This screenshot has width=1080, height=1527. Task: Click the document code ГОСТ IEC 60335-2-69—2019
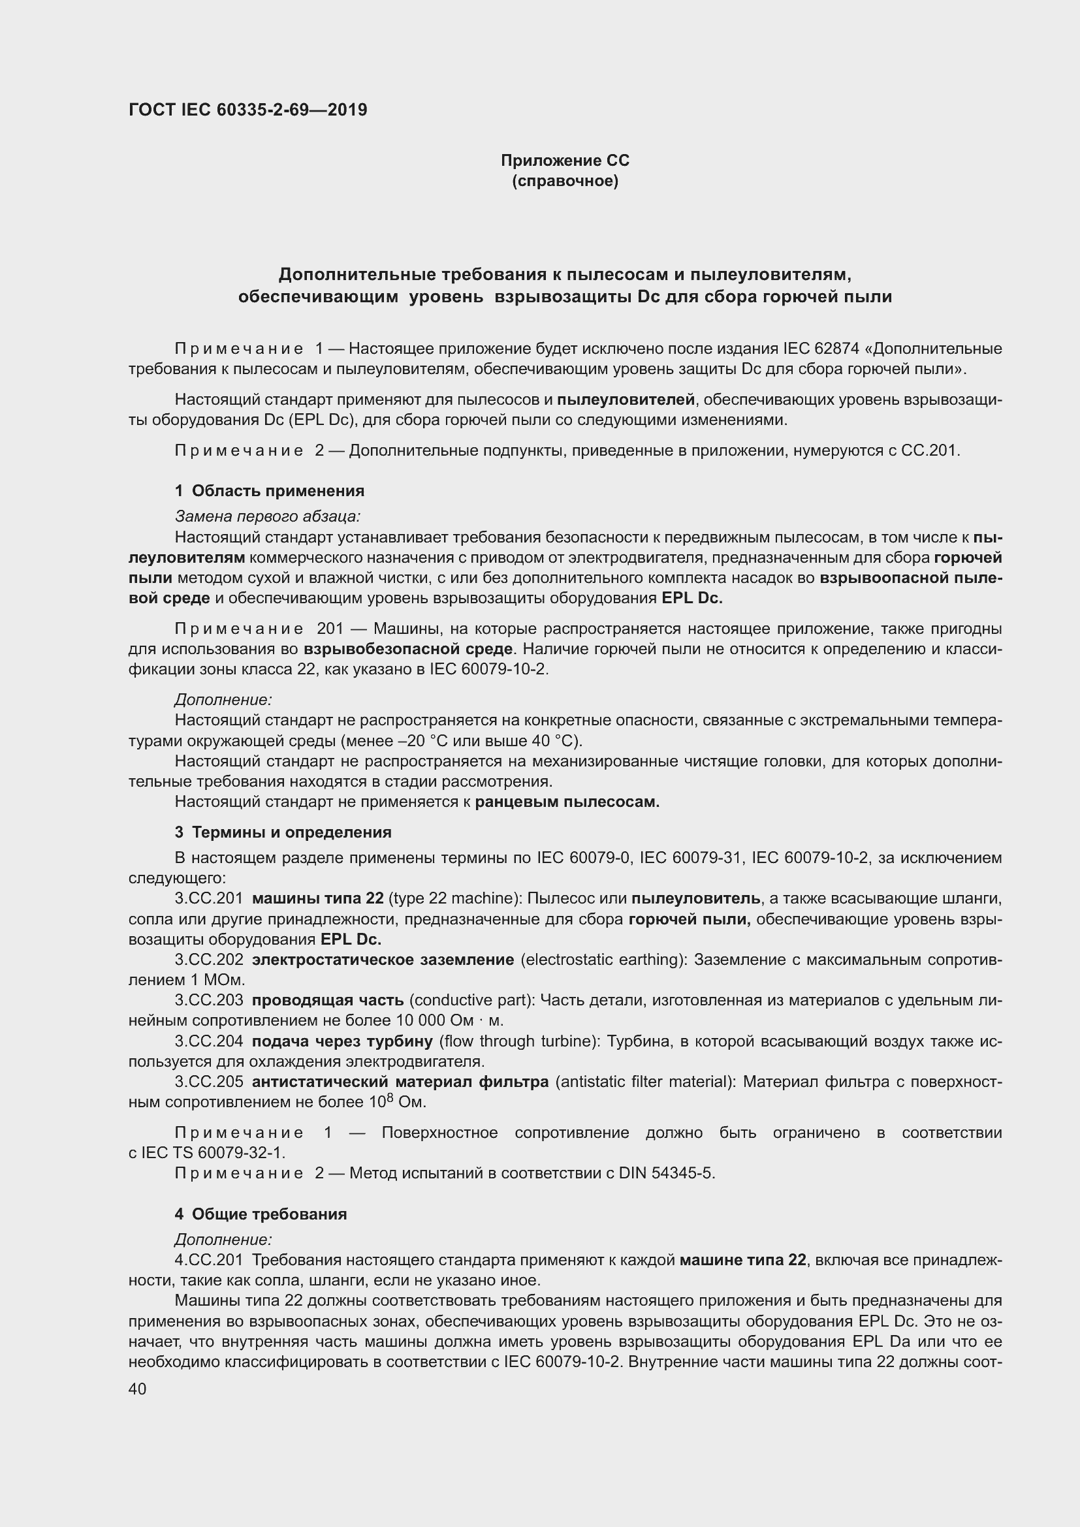point(247,110)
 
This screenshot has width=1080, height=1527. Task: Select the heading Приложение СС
point(565,161)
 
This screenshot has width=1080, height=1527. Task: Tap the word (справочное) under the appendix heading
point(565,181)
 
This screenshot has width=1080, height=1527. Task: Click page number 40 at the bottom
point(138,1389)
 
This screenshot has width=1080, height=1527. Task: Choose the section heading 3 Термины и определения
point(283,832)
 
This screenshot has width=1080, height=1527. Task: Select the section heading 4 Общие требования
point(261,1214)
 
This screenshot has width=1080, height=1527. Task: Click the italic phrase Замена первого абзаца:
point(267,516)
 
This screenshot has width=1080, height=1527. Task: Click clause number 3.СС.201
point(209,898)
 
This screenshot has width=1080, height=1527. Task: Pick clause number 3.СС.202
point(209,960)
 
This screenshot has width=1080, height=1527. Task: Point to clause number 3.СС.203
point(209,1000)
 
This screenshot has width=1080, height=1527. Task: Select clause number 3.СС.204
point(209,1041)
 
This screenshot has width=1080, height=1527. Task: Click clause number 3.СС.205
point(209,1082)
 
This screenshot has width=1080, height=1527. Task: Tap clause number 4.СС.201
point(209,1259)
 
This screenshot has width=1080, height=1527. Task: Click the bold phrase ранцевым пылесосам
point(567,802)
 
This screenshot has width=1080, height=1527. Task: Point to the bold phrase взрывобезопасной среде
point(408,648)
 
